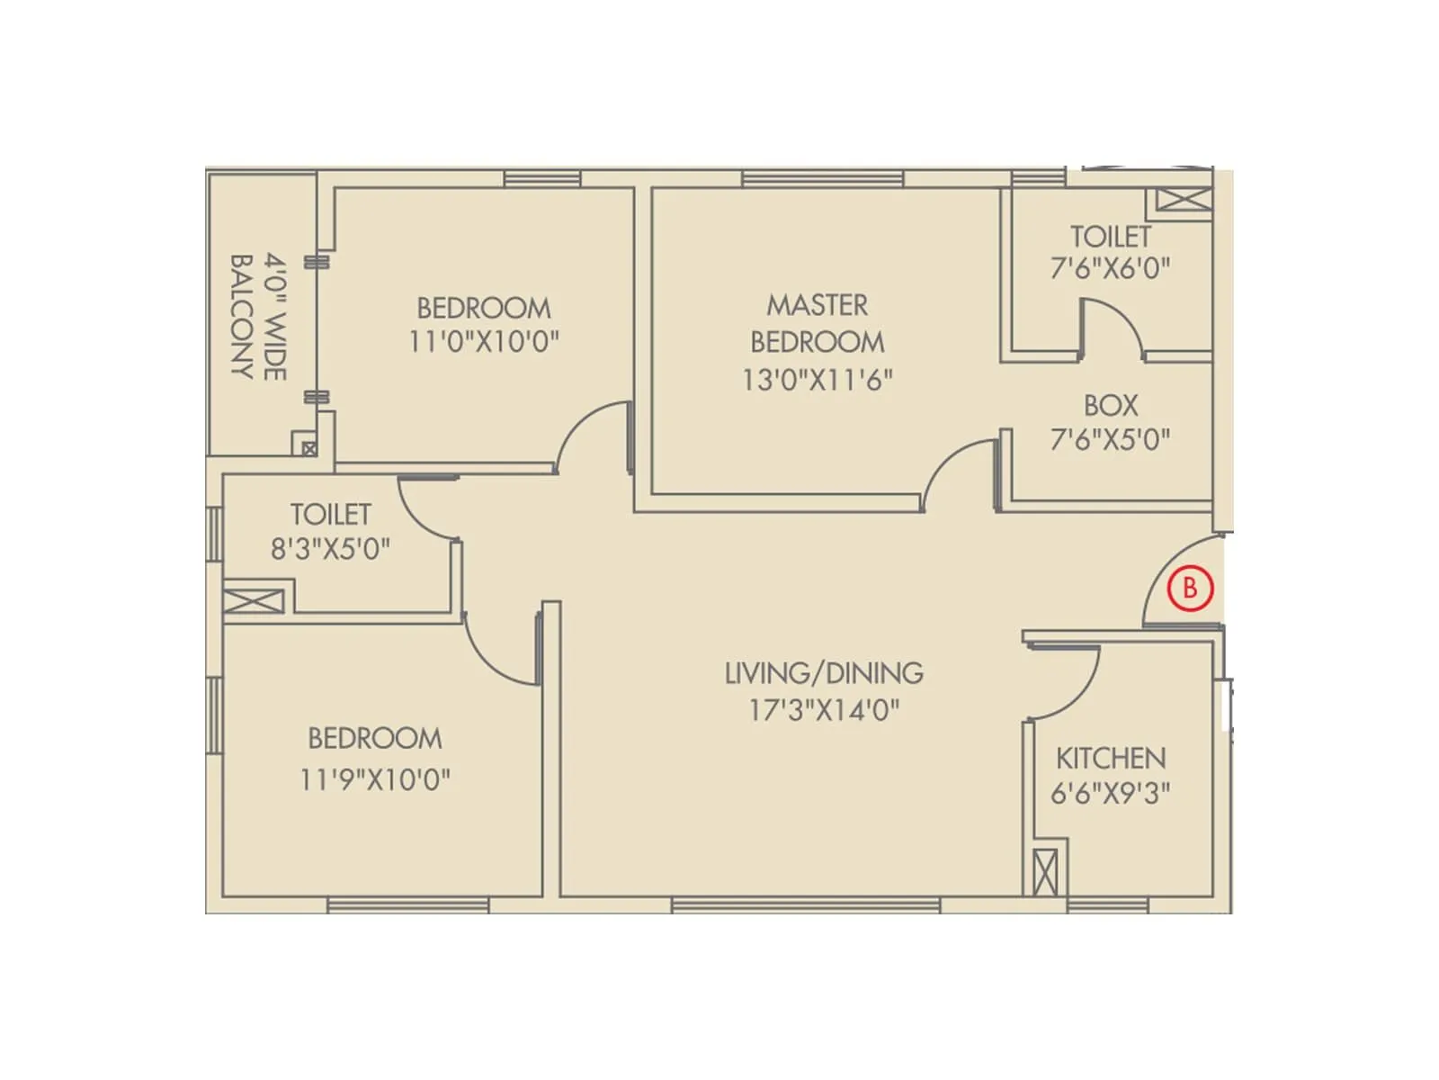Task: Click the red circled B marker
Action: (x=1190, y=589)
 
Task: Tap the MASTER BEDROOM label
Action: (x=818, y=323)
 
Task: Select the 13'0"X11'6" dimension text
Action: (x=818, y=380)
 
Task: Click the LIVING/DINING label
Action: (x=824, y=673)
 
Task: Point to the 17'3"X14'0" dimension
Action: (x=824, y=711)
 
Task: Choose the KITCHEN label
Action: (x=1111, y=758)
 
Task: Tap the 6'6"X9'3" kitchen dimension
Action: (x=1111, y=794)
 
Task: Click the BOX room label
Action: (x=1111, y=405)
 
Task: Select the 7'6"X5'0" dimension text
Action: (x=1111, y=439)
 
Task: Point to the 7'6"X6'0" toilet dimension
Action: (x=1111, y=268)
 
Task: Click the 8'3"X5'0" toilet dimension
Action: (x=331, y=548)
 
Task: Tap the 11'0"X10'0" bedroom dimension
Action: (x=484, y=342)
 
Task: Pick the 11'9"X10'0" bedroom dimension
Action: (x=375, y=778)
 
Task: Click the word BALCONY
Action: (x=241, y=317)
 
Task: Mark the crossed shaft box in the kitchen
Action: (x=1045, y=872)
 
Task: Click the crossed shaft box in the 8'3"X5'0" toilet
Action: (x=255, y=601)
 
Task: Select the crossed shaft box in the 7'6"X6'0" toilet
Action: (x=1183, y=200)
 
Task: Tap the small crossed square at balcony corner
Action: (x=309, y=448)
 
